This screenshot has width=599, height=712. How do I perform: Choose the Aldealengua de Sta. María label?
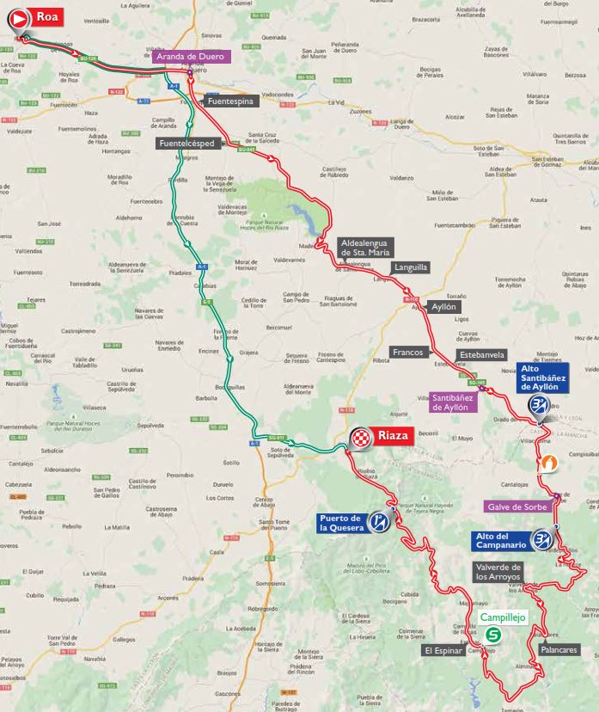click(366, 248)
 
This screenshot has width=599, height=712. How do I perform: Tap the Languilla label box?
click(411, 267)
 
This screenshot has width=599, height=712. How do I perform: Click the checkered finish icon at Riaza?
click(361, 439)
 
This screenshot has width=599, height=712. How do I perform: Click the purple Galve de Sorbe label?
click(517, 506)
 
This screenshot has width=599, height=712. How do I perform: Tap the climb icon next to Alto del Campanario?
click(541, 540)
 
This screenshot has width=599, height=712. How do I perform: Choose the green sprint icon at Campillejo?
click(493, 635)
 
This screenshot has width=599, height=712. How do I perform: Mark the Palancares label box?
click(559, 650)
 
